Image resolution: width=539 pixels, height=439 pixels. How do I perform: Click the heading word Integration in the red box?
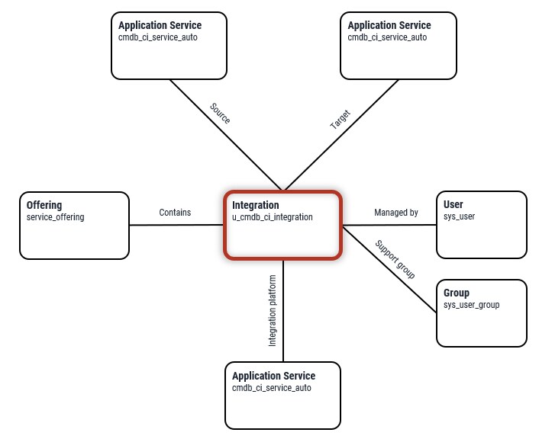[x=255, y=205]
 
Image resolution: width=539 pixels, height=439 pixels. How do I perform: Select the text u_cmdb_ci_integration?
[x=272, y=217]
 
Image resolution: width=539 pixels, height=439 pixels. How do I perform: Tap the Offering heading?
[x=44, y=205]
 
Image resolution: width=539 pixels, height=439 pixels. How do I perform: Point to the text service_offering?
[x=55, y=217]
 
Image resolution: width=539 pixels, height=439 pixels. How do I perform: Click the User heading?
[x=453, y=204]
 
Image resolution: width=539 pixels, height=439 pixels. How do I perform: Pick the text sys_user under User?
[x=460, y=216]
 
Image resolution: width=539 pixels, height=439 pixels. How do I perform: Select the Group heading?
[x=457, y=293]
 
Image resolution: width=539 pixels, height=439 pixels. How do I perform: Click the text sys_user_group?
[x=472, y=305]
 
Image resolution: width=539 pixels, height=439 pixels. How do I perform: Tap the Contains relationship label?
[x=175, y=213]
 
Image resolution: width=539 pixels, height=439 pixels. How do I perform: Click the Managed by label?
[x=395, y=213]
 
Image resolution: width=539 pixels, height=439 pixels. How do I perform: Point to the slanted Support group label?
[x=395, y=259]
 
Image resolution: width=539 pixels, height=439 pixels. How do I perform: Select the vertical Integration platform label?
[x=273, y=311]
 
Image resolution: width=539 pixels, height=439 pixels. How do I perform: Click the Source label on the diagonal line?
[x=220, y=114]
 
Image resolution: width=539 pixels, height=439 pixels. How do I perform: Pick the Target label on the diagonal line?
[x=340, y=120]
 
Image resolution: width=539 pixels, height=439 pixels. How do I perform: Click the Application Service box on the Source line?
[x=169, y=45]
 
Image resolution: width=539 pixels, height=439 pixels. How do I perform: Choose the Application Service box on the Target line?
[x=398, y=45]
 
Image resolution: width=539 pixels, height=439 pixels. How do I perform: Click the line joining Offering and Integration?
[x=176, y=225]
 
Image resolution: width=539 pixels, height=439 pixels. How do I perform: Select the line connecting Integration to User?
[x=389, y=225]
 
